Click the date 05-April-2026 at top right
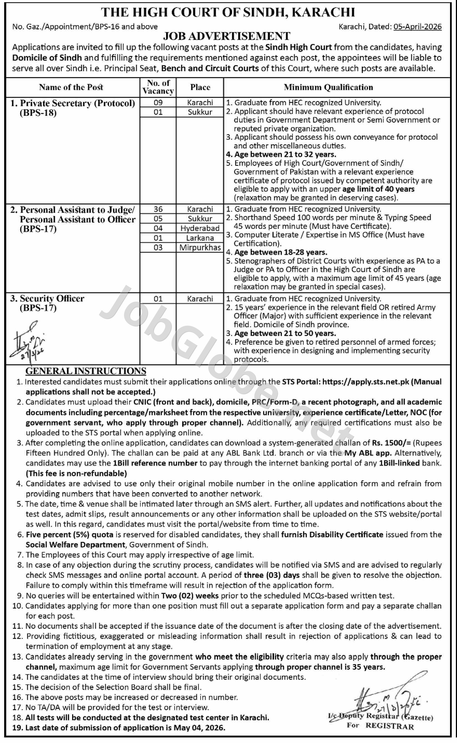(x=417, y=27)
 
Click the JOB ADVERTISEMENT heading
(x=226, y=36)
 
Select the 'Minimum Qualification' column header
(x=328, y=87)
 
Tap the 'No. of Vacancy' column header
(x=158, y=87)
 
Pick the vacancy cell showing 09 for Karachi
(x=158, y=102)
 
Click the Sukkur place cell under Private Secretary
(x=200, y=112)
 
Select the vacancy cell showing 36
(x=158, y=209)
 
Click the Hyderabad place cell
(x=200, y=228)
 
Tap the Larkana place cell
(x=200, y=238)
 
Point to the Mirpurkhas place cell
(x=200, y=247)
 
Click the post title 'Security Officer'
(x=52, y=298)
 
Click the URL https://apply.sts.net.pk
(x=365, y=382)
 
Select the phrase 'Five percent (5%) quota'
(x=70, y=535)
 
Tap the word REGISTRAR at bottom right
(x=389, y=726)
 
